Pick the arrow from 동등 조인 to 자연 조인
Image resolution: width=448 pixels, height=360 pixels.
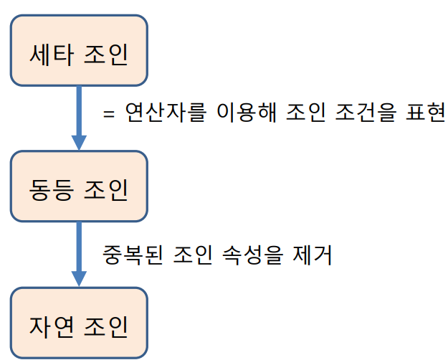(x=79, y=255)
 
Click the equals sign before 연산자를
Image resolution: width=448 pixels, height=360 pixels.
(x=110, y=115)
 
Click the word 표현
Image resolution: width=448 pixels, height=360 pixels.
(x=427, y=113)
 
